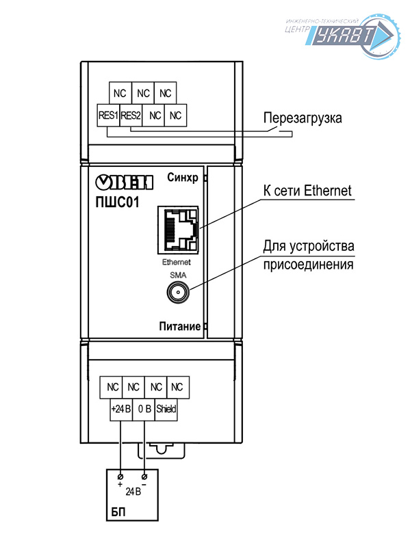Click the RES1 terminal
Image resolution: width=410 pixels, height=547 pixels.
coord(109,115)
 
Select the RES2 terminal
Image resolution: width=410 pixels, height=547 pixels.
coord(130,115)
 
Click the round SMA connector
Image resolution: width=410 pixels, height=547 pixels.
coord(177,294)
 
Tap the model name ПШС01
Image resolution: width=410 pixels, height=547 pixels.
coord(117,201)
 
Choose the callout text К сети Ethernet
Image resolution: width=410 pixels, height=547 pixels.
coord(307,190)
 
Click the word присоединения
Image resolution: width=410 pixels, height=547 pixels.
coord(308,264)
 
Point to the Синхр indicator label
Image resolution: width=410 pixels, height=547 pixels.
coord(182,178)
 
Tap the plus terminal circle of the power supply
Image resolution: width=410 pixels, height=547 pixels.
coord(121,475)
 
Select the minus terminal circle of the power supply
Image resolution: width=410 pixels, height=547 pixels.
coord(144,475)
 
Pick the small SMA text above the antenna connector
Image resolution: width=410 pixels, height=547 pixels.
coord(177,274)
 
